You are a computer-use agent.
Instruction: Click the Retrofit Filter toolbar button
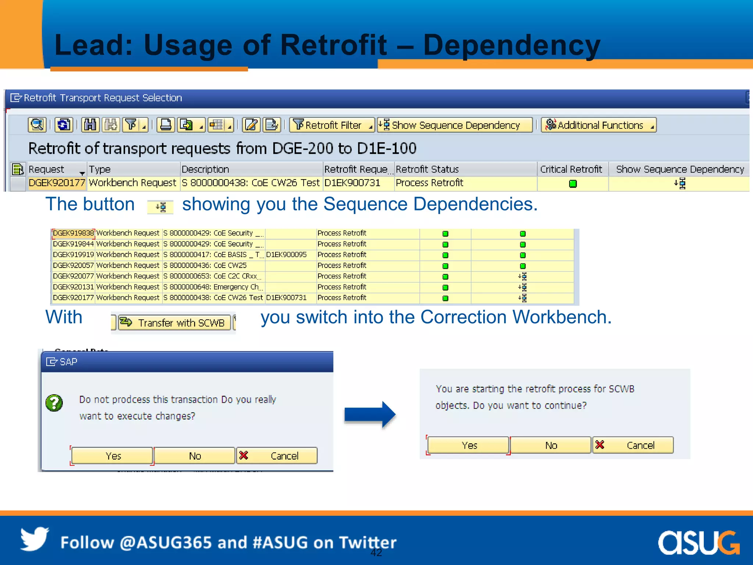332,125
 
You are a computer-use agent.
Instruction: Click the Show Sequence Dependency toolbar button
455,125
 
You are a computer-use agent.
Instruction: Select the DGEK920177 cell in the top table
57,183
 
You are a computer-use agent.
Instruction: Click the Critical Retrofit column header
571,169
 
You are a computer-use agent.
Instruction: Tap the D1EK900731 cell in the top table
352,183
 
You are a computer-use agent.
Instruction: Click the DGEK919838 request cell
74,233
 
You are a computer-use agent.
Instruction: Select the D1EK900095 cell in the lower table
286,255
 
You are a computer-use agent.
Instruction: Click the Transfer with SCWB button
175,323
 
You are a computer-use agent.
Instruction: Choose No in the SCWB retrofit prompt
551,445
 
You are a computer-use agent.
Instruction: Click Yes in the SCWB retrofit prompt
469,445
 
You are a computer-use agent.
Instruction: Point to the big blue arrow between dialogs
370,415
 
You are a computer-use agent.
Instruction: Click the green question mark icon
54,403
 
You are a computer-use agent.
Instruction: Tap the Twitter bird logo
35,539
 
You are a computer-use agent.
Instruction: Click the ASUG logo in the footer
698,543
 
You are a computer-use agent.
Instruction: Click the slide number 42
376,552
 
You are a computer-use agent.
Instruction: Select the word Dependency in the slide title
511,45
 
